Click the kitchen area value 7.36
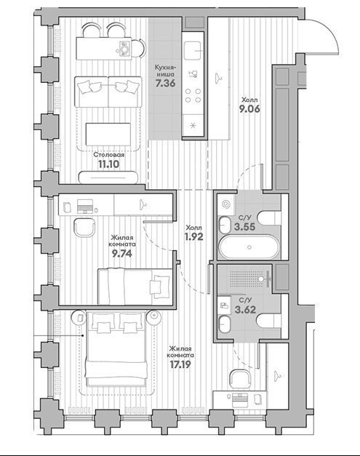tap(165, 84)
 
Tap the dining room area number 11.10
tap(108, 164)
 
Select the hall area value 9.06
tap(249, 109)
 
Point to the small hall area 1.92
tap(193, 237)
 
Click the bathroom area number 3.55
tap(245, 227)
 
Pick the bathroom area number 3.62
tap(245, 310)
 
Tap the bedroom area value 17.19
tap(180, 364)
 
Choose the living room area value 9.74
tap(122, 254)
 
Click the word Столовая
tap(109, 155)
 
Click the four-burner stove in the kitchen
tap(193, 95)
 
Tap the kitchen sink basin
tap(192, 51)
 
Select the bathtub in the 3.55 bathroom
tap(249, 247)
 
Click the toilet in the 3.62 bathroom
tap(269, 321)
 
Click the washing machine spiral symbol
tap(225, 204)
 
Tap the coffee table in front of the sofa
tap(108, 134)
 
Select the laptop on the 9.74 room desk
tap(84, 206)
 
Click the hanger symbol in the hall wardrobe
tap(218, 78)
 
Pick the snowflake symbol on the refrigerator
tap(192, 126)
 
